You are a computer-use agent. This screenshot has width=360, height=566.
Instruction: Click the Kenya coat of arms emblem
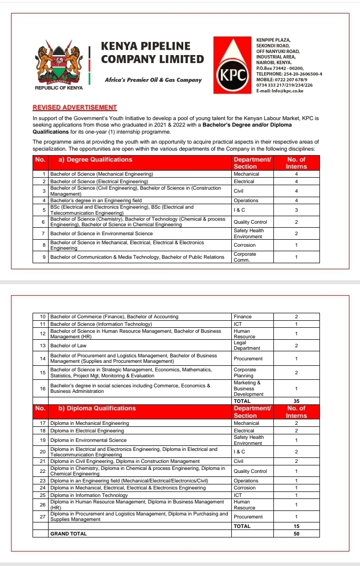pos(59,65)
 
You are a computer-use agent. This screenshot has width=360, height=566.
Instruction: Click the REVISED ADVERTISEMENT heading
pos(75,108)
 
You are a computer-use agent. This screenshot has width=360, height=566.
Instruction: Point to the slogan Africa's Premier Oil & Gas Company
pos(153,80)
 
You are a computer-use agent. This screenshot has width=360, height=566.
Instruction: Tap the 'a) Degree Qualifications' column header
pos(92,160)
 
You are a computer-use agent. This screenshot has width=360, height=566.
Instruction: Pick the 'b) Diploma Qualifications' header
pos(94,408)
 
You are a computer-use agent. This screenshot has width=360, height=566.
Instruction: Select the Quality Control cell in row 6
pos(250,222)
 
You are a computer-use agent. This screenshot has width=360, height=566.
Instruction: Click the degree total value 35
pos(296,401)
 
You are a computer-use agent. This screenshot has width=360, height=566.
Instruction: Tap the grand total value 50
pos(296,533)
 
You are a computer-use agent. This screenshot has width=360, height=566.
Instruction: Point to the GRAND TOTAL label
pos(69,533)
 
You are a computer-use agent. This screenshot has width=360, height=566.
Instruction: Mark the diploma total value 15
pos(296,526)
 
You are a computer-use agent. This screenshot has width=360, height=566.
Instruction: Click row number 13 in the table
pos(43,346)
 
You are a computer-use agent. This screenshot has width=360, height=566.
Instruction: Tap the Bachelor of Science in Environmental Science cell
pos(102,234)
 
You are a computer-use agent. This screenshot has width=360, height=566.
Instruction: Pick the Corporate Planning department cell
pos(245,373)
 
